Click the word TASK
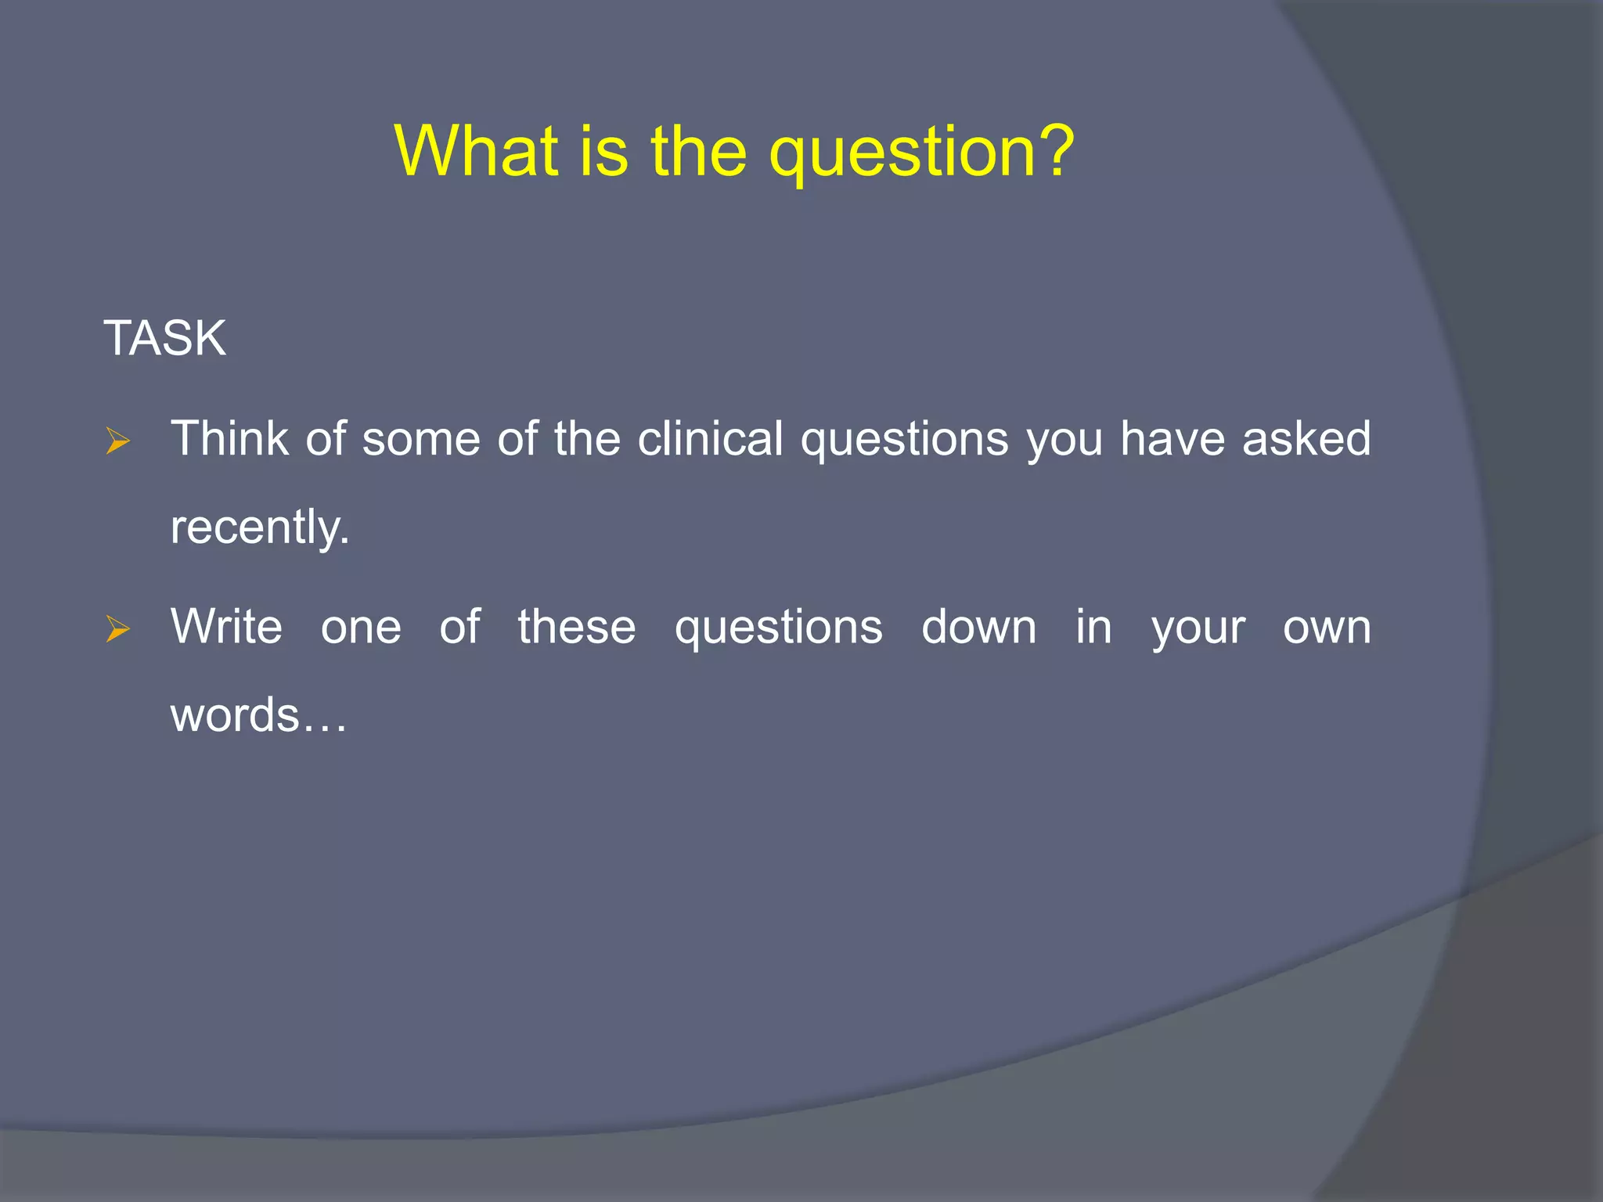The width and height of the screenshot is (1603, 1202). click(x=164, y=339)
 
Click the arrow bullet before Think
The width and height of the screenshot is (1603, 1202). click(x=117, y=442)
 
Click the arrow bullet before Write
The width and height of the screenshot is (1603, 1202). click(x=117, y=629)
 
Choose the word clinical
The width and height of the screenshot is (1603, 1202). click(x=710, y=438)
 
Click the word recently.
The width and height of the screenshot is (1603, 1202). click(x=260, y=527)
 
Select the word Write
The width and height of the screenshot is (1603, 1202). click(x=226, y=627)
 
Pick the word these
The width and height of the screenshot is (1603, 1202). click(x=577, y=627)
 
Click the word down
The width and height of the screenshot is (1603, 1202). click(x=978, y=627)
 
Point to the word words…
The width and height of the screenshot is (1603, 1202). click(x=258, y=715)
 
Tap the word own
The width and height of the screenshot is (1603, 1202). click(x=1327, y=628)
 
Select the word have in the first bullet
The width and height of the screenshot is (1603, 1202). click(x=1172, y=438)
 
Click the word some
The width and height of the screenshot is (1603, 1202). click(x=420, y=440)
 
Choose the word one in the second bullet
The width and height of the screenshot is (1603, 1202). click(x=361, y=628)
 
